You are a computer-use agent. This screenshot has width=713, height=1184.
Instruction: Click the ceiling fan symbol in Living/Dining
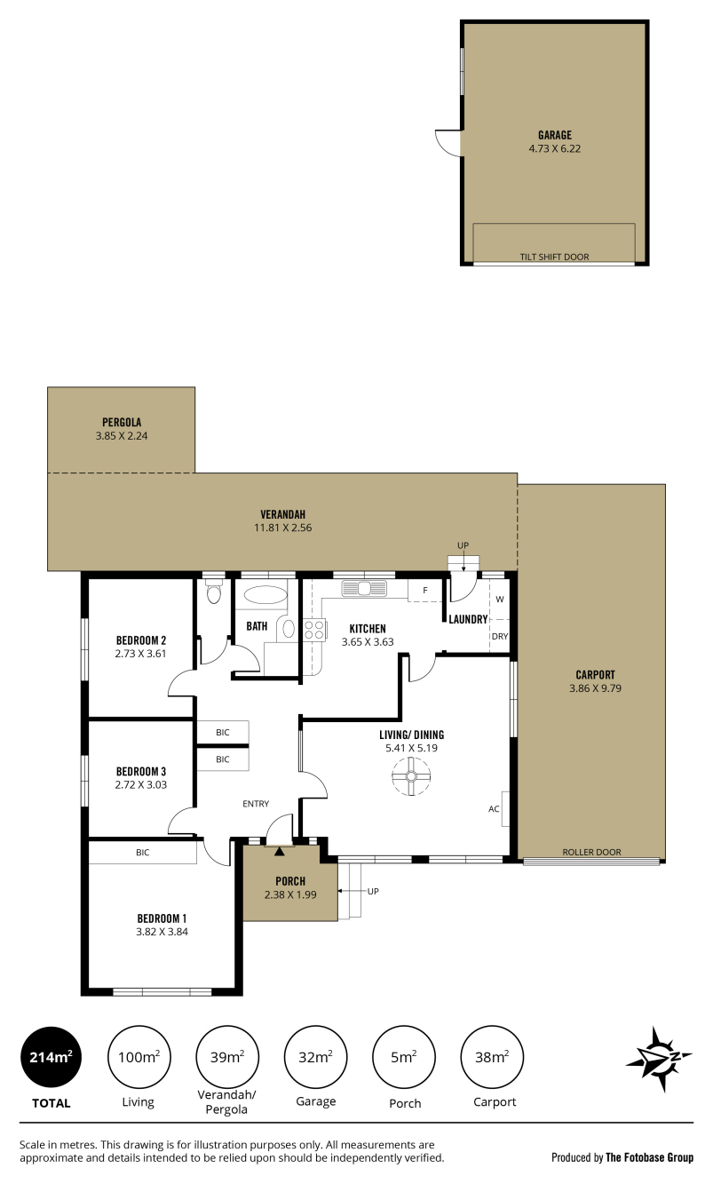411,776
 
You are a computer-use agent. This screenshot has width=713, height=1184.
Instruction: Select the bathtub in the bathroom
265,594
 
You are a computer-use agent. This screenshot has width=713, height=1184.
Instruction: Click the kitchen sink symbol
364,588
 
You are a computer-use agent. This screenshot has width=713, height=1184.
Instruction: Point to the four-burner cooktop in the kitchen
314,630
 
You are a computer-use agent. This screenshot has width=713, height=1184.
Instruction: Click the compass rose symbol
659,1059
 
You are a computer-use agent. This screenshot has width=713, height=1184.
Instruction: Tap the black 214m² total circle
51,1057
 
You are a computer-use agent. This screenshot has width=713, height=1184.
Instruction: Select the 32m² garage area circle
315,1057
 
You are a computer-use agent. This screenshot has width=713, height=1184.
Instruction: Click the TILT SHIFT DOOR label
554,257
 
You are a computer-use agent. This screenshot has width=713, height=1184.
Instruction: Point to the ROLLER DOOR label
591,852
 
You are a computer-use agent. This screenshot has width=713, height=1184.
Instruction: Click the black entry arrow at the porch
279,851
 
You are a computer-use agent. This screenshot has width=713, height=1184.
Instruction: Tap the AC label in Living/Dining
494,808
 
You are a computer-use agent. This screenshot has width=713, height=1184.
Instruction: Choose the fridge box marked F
424,591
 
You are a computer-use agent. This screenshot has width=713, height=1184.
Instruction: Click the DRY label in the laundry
500,636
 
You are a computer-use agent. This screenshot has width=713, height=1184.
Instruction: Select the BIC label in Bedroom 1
142,853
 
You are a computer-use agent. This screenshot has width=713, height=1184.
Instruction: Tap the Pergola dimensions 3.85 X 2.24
122,436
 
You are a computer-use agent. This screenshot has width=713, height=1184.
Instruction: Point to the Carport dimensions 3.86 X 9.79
595,688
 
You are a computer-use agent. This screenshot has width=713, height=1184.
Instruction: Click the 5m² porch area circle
404,1057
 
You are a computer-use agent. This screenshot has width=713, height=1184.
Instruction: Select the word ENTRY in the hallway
256,804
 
